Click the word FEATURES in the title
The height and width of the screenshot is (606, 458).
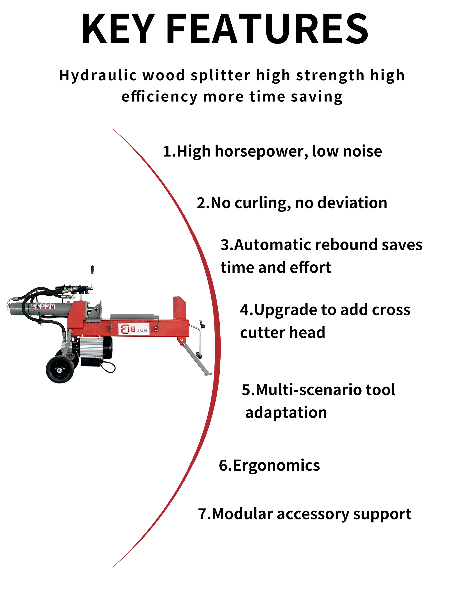[267, 29]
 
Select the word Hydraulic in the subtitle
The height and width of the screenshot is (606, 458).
[98, 76]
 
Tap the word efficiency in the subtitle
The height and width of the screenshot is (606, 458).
[159, 97]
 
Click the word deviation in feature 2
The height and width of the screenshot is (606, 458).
[352, 203]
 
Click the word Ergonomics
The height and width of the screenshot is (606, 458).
[276, 466]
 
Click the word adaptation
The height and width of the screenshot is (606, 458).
[286, 413]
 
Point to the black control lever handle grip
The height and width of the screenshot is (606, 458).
[93, 270]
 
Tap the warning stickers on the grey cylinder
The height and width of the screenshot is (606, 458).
[42, 306]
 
